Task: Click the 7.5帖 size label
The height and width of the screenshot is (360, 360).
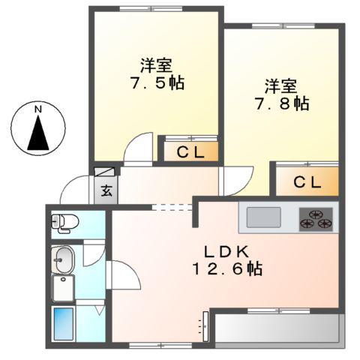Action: pyautogui.click(x=156, y=82)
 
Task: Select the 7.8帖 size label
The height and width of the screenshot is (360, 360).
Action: pyautogui.click(x=280, y=103)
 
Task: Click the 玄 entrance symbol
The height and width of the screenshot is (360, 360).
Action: pyautogui.click(x=106, y=189)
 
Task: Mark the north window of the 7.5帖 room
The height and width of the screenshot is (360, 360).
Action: pyautogui.click(x=156, y=9)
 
